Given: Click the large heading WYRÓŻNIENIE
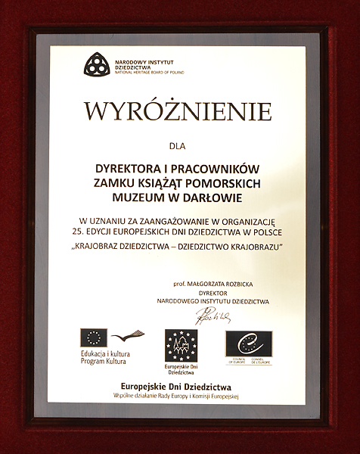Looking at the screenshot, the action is pos(178,110).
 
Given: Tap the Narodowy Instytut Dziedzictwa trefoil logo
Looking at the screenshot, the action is pos(96,64).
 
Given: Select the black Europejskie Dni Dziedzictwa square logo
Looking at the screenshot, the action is pos(181,347).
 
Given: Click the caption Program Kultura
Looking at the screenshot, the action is pos(107,362).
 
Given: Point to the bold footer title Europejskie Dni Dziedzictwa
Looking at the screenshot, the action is pos(178,387).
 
